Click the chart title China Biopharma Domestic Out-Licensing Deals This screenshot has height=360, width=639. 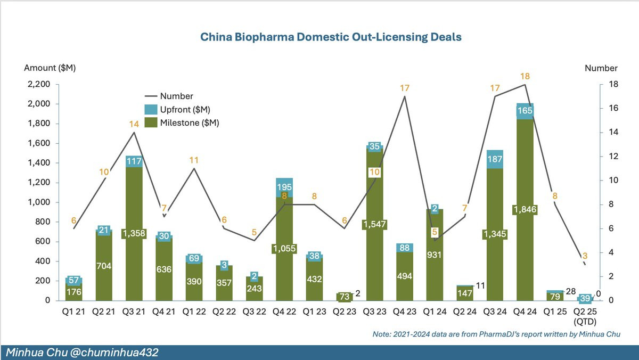point(331,37)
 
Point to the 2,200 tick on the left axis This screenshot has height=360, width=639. point(39,84)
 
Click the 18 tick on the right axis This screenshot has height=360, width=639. point(609,84)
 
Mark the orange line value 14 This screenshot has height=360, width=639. point(134,124)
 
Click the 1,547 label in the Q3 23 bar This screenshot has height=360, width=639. point(375,225)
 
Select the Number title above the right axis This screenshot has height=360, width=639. point(601,68)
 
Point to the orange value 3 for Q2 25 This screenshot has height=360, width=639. point(585,256)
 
